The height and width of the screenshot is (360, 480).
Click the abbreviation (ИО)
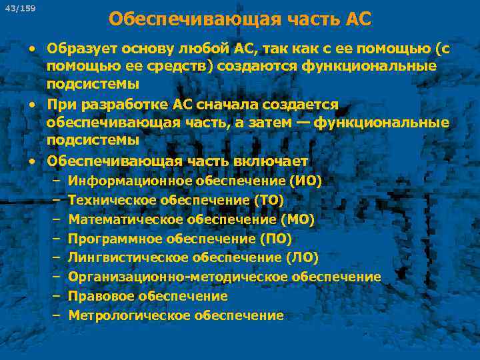(x=305, y=181)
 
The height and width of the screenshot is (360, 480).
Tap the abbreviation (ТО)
(x=268, y=200)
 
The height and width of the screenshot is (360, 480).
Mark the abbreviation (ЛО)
(x=301, y=257)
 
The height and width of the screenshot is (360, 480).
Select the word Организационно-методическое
(x=173, y=277)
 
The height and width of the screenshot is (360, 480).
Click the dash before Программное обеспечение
(x=54, y=239)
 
